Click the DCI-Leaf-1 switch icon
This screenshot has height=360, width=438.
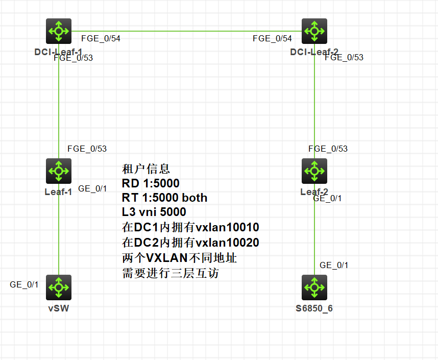pos(59,31)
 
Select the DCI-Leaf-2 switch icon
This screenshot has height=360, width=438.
pos(314,31)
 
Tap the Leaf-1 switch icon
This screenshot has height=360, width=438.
pos(59,171)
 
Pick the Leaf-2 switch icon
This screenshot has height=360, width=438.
pos(314,171)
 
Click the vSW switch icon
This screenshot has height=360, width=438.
pos(59,287)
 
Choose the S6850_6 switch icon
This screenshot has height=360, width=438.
pos(314,287)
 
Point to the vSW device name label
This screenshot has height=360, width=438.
pos(59,308)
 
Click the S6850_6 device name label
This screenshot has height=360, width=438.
pos(314,308)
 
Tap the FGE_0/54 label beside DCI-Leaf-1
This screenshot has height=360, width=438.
pos(101,38)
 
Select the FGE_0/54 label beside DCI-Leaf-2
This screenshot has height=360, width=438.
pos(272,38)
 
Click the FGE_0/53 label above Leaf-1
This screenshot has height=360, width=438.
pos(87,149)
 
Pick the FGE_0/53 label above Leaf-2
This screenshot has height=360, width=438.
pos(328,149)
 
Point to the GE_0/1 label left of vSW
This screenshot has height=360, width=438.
pos(24,284)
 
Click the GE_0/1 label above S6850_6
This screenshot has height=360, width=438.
pos(334,265)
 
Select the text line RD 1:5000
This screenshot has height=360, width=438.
pos(151,183)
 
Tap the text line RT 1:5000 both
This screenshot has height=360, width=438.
pos(164,198)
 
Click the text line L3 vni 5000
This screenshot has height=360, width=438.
pos(154,211)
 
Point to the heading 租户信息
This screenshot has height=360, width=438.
pos(146,169)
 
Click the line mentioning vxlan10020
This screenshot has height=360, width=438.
pos(190,243)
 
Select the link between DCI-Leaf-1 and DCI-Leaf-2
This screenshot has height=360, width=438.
pos(186,31)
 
